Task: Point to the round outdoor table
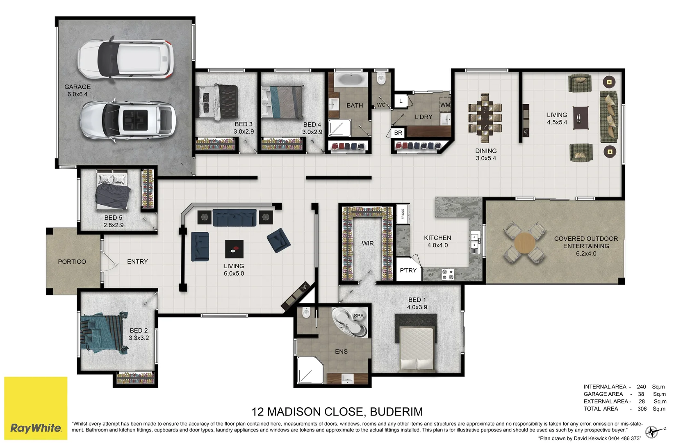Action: (524, 242)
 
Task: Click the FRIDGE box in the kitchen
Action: (403, 214)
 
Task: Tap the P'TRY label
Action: (408, 270)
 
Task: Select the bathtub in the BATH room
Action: (350, 80)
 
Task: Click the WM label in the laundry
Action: (445, 105)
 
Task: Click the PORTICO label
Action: (72, 261)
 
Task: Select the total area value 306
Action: (642, 409)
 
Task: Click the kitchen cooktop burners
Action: (448, 274)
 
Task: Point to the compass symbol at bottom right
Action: (652, 432)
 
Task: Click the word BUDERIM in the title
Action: (396, 411)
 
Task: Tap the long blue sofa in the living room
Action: (235, 217)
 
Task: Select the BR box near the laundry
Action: (398, 133)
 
